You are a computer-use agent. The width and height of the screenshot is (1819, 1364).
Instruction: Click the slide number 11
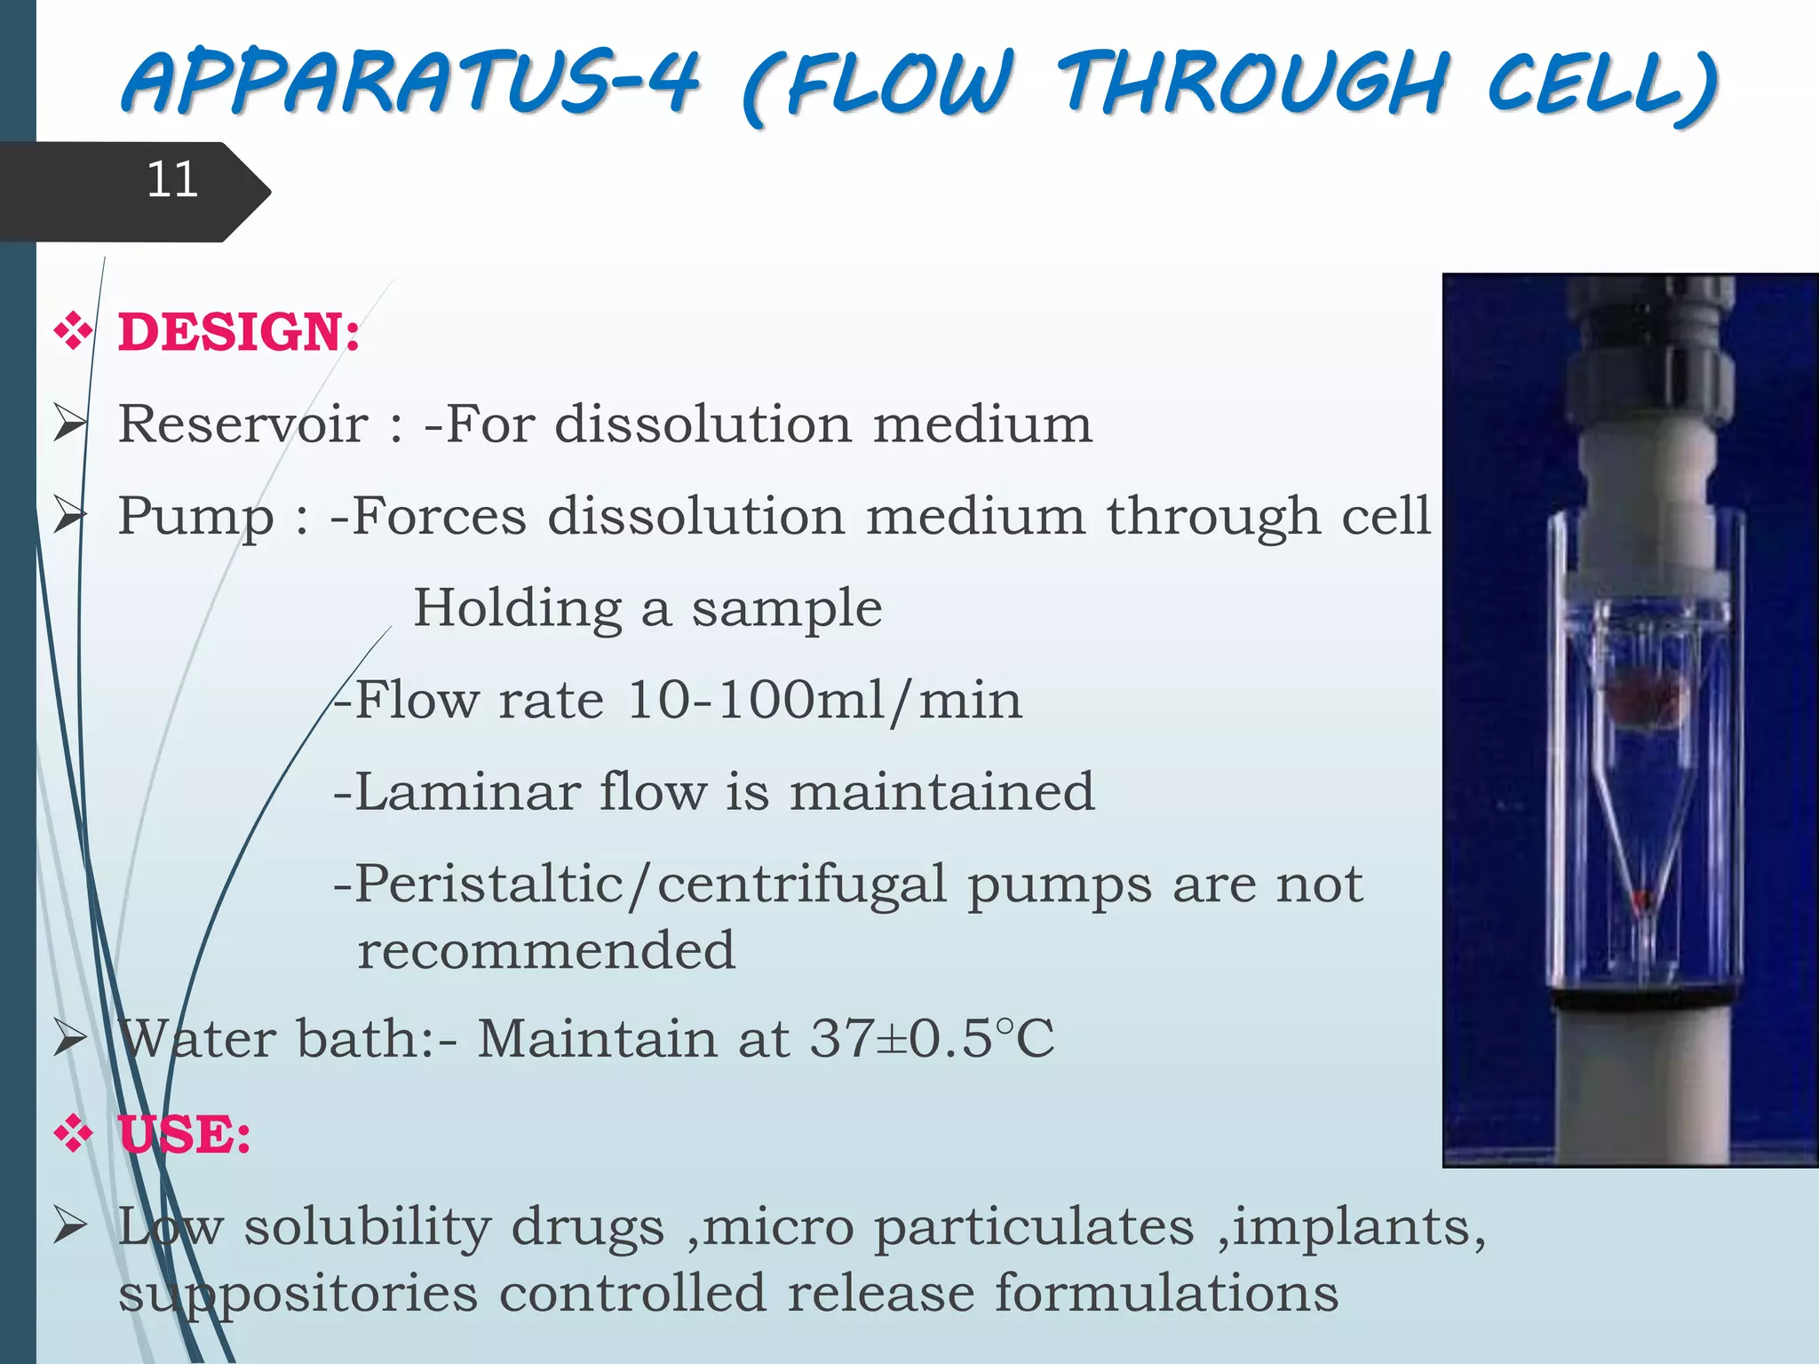(x=171, y=180)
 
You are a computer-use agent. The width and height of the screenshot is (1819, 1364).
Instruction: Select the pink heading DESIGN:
(x=239, y=332)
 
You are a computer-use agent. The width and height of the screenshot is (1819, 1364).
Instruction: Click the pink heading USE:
(x=185, y=1135)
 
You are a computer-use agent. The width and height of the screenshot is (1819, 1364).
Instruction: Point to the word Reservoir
(x=242, y=424)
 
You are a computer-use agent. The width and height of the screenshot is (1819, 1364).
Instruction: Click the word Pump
(x=195, y=517)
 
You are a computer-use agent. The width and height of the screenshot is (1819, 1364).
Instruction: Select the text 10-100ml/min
(x=824, y=701)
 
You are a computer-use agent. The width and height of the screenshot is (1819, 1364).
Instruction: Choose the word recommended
(x=546, y=951)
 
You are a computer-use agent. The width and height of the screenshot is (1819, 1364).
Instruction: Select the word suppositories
(x=298, y=1293)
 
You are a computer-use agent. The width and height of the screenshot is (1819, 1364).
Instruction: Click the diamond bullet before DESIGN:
(x=73, y=332)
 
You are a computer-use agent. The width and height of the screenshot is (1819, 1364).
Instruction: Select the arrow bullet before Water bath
(x=69, y=1038)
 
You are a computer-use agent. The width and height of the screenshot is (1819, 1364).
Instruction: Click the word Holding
(x=518, y=609)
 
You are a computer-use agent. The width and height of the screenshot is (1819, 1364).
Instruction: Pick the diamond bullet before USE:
(x=73, y=1135)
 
